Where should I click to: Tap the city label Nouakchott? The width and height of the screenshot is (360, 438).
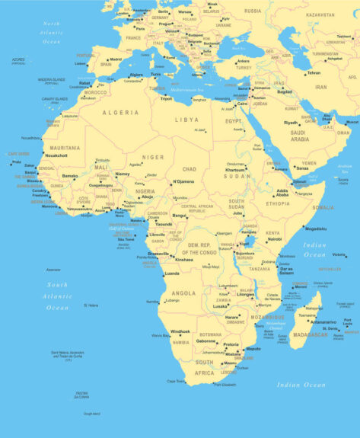tap(56, 155)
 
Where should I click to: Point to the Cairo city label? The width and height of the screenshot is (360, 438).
tap(243, 104)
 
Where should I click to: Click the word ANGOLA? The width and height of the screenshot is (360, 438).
tap(183, 293)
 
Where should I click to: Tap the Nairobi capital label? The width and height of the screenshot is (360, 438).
tap(275, 239)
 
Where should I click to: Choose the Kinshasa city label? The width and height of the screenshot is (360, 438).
tap(184, 260)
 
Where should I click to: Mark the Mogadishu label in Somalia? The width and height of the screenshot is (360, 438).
tap(316, 228)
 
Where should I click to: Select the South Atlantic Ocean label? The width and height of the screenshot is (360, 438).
tap(58, 296)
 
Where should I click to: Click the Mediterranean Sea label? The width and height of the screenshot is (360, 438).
tap(189, 90)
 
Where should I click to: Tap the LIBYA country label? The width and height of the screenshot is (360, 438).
tap(186, 120)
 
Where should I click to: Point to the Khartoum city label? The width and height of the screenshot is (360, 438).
tap(236, 170)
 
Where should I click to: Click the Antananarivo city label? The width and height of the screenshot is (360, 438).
tap(323, 321)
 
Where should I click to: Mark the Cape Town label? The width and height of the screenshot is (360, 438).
tap(176, 381)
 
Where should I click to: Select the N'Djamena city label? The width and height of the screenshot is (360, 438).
tap(184, 181)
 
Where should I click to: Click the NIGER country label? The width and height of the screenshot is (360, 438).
tap(154, 157)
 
